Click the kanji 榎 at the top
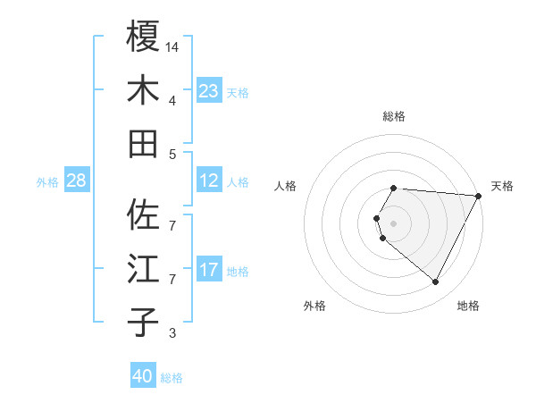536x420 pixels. click(143, 37)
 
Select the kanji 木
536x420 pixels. click(143, 90)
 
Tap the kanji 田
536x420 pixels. click(143, 143)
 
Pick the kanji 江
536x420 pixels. click(143, 269)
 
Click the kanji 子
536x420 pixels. click(143, 322)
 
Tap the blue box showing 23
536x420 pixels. click(208, 91)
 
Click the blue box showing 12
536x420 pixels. click(208, 181)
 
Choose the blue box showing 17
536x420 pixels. click(208, 270)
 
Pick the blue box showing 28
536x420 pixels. click(76, 181)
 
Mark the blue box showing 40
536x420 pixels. click(143, 376)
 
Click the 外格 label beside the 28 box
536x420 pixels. click(47, 182)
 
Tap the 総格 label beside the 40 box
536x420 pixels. click(172, 378)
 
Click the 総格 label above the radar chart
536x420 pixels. click(394, 116)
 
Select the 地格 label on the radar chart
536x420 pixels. click(468, 306)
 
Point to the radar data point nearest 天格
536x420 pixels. click(478, 197)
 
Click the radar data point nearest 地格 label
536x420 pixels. click(435, 282)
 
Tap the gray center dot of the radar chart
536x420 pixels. click(394, 223)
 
